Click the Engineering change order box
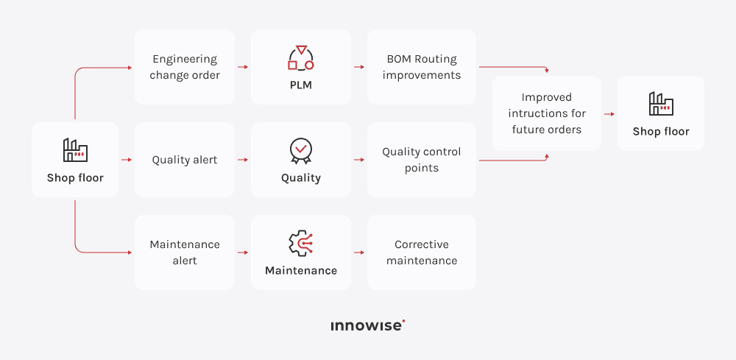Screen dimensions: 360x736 185,67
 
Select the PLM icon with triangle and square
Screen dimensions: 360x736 300,57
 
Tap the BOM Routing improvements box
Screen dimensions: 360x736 422,67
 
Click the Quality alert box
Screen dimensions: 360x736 185,160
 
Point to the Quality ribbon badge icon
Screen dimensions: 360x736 300,150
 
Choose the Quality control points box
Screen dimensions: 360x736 422,160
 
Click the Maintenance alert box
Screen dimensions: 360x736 185,253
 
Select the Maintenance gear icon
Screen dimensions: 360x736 300,244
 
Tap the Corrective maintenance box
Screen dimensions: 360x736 422,253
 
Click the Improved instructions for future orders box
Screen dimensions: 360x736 547,113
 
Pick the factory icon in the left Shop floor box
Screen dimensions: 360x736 75,150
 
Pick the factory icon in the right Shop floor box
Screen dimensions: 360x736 661,104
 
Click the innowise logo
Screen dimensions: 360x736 368,325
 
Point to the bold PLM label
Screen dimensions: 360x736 300,85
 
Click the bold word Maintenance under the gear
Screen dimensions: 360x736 301,270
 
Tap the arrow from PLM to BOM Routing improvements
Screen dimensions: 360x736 359,67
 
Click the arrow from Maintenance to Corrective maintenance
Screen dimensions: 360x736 359,253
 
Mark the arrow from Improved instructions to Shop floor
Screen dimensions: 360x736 609,114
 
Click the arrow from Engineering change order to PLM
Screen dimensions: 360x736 243,67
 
